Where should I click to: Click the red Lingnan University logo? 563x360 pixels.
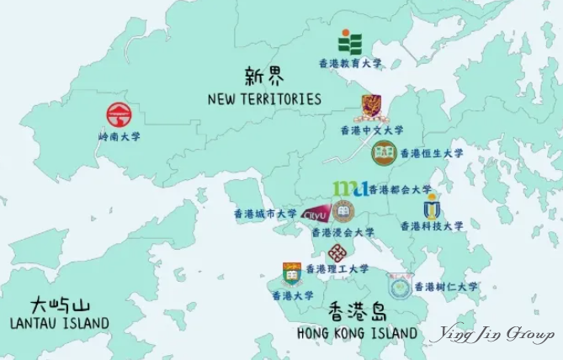(x=119, y=114)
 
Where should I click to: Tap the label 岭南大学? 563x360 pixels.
(x=119, y=135)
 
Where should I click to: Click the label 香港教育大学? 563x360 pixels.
(x=349, y=63)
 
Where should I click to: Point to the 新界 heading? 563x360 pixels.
(x=263, y=77)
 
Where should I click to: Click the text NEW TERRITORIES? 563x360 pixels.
(x=264, y=99)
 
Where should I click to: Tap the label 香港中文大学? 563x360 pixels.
(x=371, y=130)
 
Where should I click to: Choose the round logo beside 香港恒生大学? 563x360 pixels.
(x=384, y=153)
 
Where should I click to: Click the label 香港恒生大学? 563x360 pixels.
(x=431, y=153)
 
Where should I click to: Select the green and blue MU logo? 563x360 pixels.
(x=348, y=188)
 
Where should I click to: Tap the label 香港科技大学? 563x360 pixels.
(x=431, y=226)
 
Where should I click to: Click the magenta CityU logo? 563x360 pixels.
(x=315, y=214)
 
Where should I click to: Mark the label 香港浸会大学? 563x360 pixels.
(x=343, y=232)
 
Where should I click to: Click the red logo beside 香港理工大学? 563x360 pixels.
(x=337, y=253)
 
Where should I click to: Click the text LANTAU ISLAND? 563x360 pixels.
(x=59, y=323)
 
